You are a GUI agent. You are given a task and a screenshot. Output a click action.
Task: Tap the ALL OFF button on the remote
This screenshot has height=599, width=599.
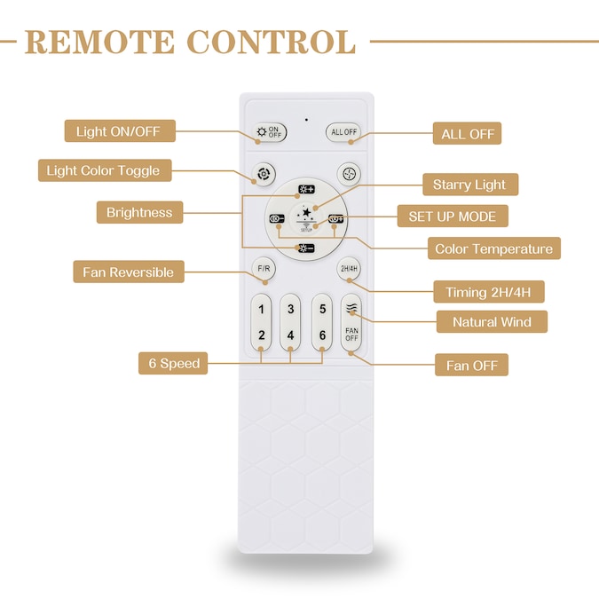click(x=343, y=132)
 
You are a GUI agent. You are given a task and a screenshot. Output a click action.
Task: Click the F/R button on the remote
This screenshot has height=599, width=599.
click(x=263, y=268)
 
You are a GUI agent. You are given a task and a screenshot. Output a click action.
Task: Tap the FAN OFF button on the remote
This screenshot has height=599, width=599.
click(x=351, y=334)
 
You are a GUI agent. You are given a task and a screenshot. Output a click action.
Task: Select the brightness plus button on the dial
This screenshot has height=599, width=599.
click(x=306, y=189)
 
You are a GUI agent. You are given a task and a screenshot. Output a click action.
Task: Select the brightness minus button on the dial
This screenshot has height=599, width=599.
click(x=306, y=248)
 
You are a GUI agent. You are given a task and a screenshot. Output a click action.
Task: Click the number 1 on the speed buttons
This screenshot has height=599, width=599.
click(x=261, y=310)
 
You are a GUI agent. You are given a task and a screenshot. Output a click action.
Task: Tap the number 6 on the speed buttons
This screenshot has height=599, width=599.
click(x=322, y=335)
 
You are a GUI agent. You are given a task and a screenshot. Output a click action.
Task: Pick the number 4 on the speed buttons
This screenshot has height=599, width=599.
click(x=291, y=335)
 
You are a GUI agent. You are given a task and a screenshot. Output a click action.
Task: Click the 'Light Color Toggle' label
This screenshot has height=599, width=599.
click(x=104, y=170)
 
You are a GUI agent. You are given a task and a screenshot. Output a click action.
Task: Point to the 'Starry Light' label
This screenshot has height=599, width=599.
click(x=469, y=185)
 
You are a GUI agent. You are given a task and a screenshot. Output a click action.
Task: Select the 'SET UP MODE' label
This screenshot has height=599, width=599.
click(x=452, y=216)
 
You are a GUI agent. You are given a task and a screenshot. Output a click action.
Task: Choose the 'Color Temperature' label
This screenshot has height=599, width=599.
click(x=493, y=248)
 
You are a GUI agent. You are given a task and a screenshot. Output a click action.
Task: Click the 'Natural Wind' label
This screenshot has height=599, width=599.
click(x=492, y=321)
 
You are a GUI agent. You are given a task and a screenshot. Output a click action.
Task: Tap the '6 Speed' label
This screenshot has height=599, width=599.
click(x=173, y=363)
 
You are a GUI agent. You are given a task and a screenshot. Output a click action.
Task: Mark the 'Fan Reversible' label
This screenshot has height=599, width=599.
click(x=128, y=272)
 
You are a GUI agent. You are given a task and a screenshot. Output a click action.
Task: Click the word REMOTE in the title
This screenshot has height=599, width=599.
click(x=99, y=41)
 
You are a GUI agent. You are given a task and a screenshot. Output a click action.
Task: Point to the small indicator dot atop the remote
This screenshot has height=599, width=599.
click(x=306, y=119)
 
